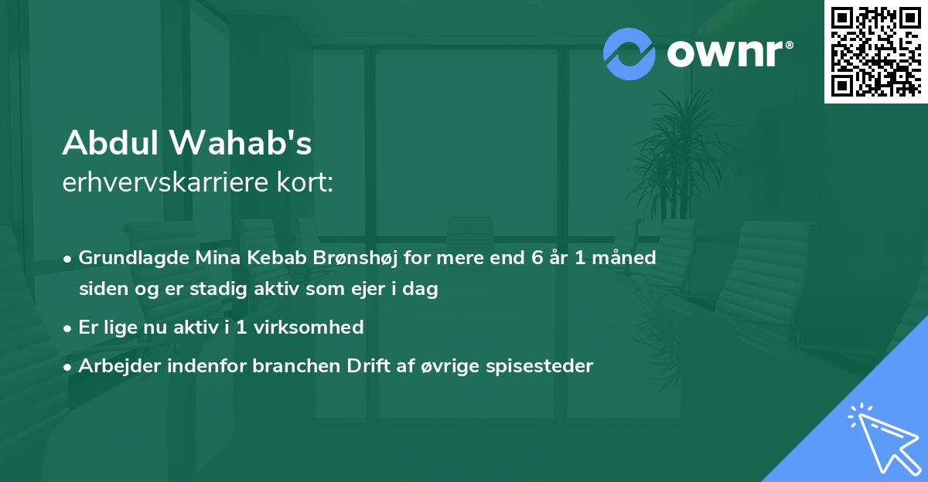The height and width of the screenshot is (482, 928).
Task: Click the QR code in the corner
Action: (875, 51)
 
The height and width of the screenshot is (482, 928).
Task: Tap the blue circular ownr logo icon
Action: (629, 53)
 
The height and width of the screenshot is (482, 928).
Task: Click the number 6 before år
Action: (536, 258)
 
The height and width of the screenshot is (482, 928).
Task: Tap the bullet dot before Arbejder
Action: (69, 367)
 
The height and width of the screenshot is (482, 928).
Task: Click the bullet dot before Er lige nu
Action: (69, 328)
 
